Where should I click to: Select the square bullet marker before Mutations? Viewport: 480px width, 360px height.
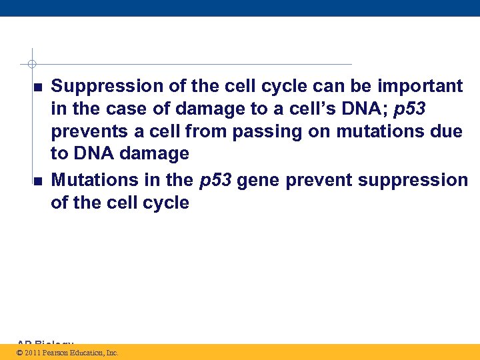coord(37,181)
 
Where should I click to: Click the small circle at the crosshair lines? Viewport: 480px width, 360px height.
coord(31,65)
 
